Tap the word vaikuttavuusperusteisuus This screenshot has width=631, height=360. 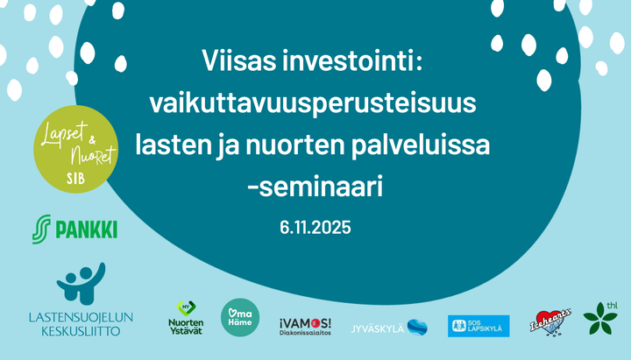tap(313, 104)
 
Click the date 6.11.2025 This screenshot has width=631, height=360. tap(315, 227)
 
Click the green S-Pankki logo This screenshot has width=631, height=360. tap(74, 229)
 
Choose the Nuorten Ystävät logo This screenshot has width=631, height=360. tap(186, 320)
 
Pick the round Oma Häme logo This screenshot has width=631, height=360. tap(240, 316)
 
